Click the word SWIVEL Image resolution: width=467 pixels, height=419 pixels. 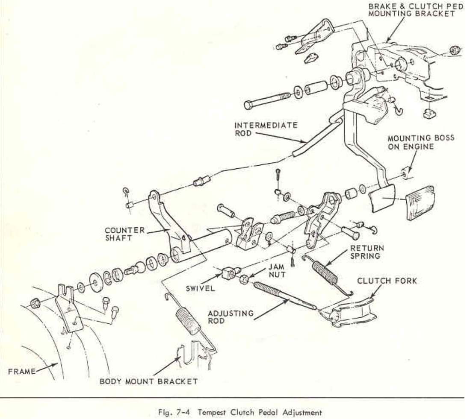point(200,288)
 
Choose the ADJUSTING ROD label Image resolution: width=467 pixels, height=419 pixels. point(231,316)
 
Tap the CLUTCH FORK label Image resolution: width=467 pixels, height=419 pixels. point(387,281)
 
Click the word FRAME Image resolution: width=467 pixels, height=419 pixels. point(22,371)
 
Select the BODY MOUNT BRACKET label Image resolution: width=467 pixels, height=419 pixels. point(148,381)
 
